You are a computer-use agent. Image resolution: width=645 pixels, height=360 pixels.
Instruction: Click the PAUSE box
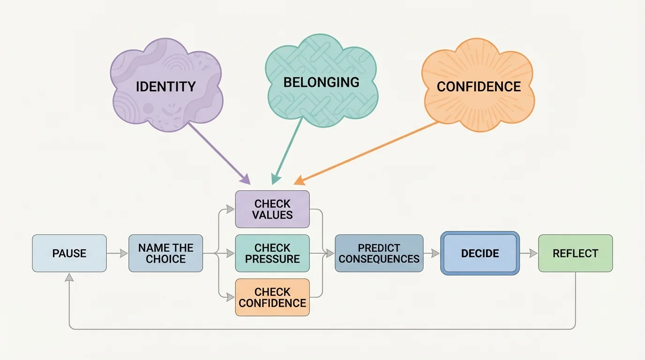pos(69,254)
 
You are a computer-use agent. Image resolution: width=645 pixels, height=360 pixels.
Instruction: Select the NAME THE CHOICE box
pos(166,254)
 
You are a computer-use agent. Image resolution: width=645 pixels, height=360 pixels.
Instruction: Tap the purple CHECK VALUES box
pos(272,210)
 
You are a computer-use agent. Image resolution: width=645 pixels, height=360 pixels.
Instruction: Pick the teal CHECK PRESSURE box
pos(272,254)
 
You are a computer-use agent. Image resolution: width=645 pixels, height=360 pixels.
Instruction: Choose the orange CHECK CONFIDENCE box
pos(272,297)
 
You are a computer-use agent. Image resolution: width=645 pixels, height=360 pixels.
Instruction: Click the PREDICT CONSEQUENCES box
pos(379,254)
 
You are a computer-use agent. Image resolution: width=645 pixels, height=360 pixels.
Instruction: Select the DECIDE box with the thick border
pos(480,254)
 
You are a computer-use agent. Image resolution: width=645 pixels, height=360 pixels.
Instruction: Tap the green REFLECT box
pos(575,254)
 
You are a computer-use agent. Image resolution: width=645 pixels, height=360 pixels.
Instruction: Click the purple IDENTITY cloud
pos(166,87)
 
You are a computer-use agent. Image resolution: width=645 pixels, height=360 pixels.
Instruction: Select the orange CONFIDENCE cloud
pos(479,87)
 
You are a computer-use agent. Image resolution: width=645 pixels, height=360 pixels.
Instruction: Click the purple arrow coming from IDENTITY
pos(218,153)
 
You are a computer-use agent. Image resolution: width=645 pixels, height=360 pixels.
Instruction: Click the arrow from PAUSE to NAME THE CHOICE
pos(117,254)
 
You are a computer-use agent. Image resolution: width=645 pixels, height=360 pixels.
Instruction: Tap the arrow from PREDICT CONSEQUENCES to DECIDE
pos(431,254)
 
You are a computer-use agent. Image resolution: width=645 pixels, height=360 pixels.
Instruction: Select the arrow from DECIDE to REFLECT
pos(529,254)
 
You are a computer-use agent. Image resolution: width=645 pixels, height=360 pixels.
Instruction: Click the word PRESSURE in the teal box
pos(272,259)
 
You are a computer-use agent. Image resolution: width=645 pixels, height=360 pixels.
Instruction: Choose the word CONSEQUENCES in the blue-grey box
pos(379,259)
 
